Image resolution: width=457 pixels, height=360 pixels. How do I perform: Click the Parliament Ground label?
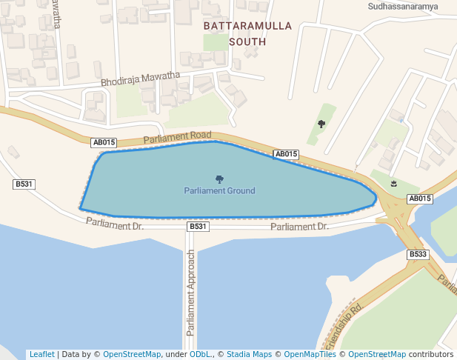(x=219, y=191)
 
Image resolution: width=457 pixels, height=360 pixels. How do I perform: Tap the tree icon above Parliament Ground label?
(x=219, y=179)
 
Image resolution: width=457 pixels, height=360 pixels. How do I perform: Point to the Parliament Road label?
(x=178, y=137)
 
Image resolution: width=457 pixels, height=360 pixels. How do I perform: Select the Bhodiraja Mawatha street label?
(x=141, y=78)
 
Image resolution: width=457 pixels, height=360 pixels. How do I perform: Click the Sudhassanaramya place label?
(x=403, y=7)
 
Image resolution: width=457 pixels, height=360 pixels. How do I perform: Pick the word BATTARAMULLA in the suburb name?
(x=247, y=26)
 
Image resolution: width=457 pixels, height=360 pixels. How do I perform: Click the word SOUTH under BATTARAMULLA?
(x=247, y=41)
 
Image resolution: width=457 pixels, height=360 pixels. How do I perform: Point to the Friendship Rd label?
(x=343, y=327)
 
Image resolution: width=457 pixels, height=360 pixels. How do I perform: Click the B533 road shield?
(x=418, y=254)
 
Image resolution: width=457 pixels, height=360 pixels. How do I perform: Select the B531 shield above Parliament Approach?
(x=198, y=226)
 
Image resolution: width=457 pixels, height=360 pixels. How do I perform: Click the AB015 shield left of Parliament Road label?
(x=104, y=142)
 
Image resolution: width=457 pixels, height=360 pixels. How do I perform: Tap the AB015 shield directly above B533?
(x=420, y=199)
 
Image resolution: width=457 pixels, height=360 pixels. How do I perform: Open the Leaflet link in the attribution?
(x=41, y=354)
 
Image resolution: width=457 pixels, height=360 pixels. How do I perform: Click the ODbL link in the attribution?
(x=201, y=354)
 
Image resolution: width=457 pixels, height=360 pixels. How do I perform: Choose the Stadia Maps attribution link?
(x=250, y=354)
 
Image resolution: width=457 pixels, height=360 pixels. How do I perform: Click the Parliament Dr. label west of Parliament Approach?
(x=114, y=222)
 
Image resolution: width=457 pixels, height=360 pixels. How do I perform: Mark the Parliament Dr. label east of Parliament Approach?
(x=299, y=227)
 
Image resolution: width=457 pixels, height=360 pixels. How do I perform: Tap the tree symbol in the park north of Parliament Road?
(x=321, y=124)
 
